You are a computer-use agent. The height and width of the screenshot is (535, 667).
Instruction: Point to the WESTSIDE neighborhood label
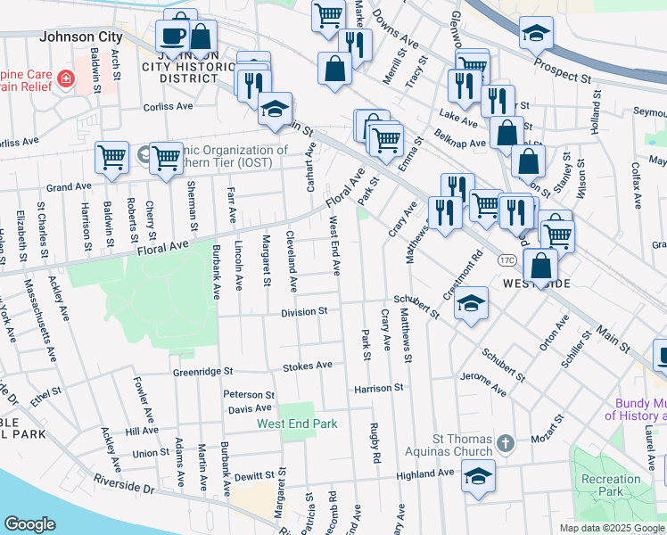point(537,283)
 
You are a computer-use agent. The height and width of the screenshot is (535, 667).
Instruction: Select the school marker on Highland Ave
point(479,473)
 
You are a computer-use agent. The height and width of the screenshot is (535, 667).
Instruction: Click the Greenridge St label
point(202,371)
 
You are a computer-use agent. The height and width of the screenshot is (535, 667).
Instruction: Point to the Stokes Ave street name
point(307,366)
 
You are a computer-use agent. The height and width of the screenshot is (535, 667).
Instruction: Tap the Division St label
point(305,312)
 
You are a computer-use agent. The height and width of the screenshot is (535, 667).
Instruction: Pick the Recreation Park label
point(611,485)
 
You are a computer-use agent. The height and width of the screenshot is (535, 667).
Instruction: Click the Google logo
point(30,523)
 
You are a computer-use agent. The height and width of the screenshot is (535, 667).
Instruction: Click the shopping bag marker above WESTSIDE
point(540,265)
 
